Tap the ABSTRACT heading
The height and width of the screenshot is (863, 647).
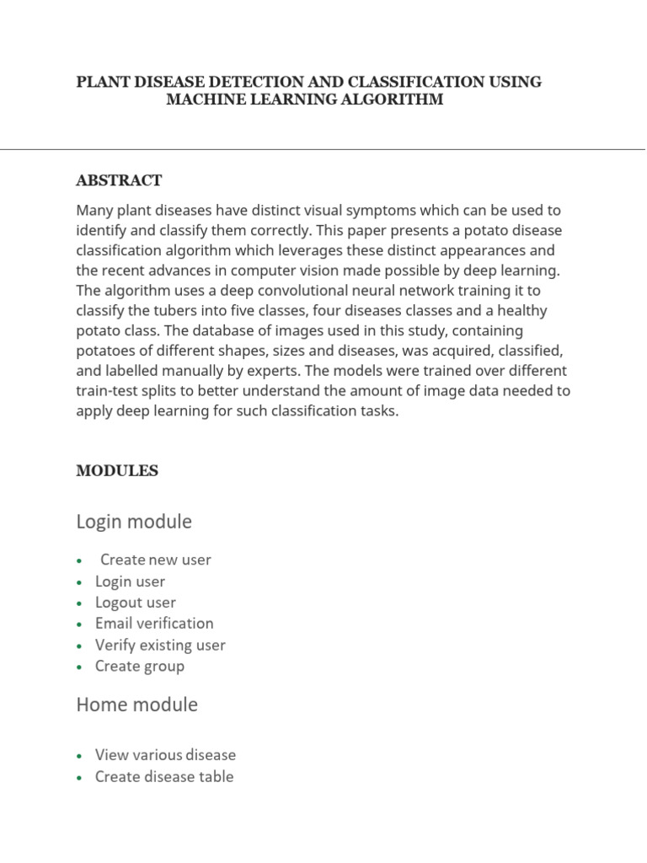coord(119,180)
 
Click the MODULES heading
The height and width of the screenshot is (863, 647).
coord(117,471)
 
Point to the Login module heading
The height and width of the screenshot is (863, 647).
coord(134,522)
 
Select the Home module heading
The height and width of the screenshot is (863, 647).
coord(136,705)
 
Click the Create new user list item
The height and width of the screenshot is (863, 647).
coord(155,560)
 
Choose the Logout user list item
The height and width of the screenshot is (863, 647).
coord(136,603)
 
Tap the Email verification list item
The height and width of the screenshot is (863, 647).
coord(154,624)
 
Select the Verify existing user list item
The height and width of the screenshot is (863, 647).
coord(160,646)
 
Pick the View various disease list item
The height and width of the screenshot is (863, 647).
coord(165,755)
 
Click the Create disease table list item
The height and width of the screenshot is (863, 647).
coord(164,777)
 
